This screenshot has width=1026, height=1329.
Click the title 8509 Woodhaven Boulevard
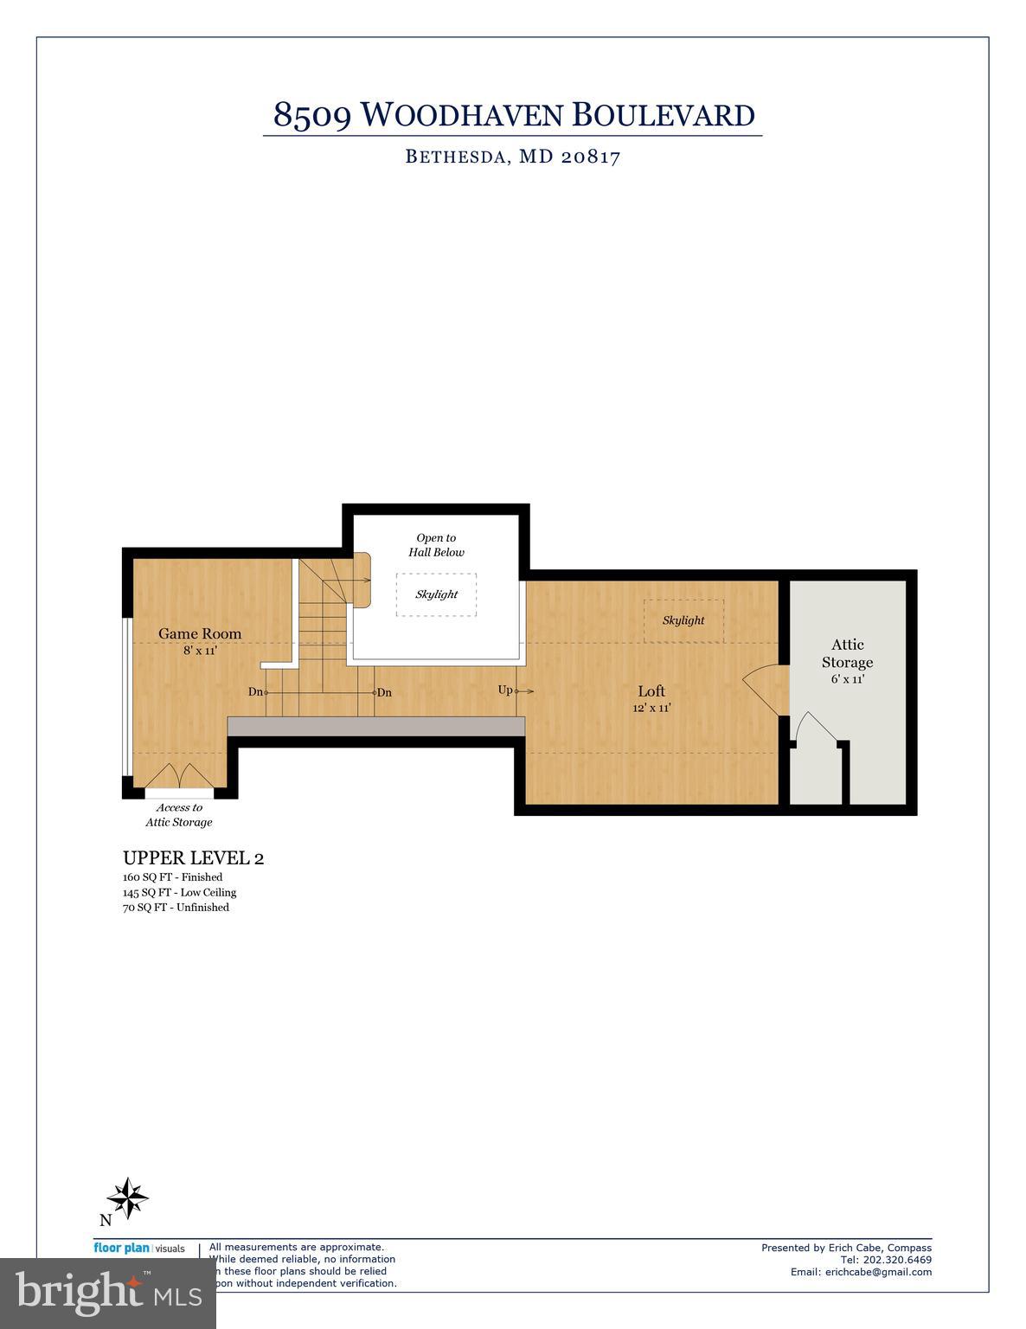coord(513,115)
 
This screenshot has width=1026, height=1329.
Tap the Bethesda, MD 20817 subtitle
coord(513,157)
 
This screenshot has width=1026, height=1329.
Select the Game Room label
coord(200,633)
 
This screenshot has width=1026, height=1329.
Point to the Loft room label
coord(651,690)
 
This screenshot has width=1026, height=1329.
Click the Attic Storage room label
coord(847,653)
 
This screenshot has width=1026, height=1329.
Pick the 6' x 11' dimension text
coord(847,679)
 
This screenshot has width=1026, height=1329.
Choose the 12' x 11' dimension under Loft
coord(651,708)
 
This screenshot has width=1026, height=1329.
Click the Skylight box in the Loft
coord(683,620)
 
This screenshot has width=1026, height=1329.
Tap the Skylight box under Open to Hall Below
coord(436,594)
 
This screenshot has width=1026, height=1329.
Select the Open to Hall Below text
coord(436,545)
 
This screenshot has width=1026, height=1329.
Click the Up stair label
coord(505,690)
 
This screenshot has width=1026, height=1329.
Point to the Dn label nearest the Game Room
coord(255,691)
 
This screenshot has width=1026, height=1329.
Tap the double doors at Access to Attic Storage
coord(179,775)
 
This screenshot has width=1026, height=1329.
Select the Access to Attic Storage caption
coord(178,815)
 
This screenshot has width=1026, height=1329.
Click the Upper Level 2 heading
coord(193,858)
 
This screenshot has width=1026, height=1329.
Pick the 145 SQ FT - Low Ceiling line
coord(179,892)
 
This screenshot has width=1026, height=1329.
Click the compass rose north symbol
coord(127,1198)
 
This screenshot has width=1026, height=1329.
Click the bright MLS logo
coord(108,1294)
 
